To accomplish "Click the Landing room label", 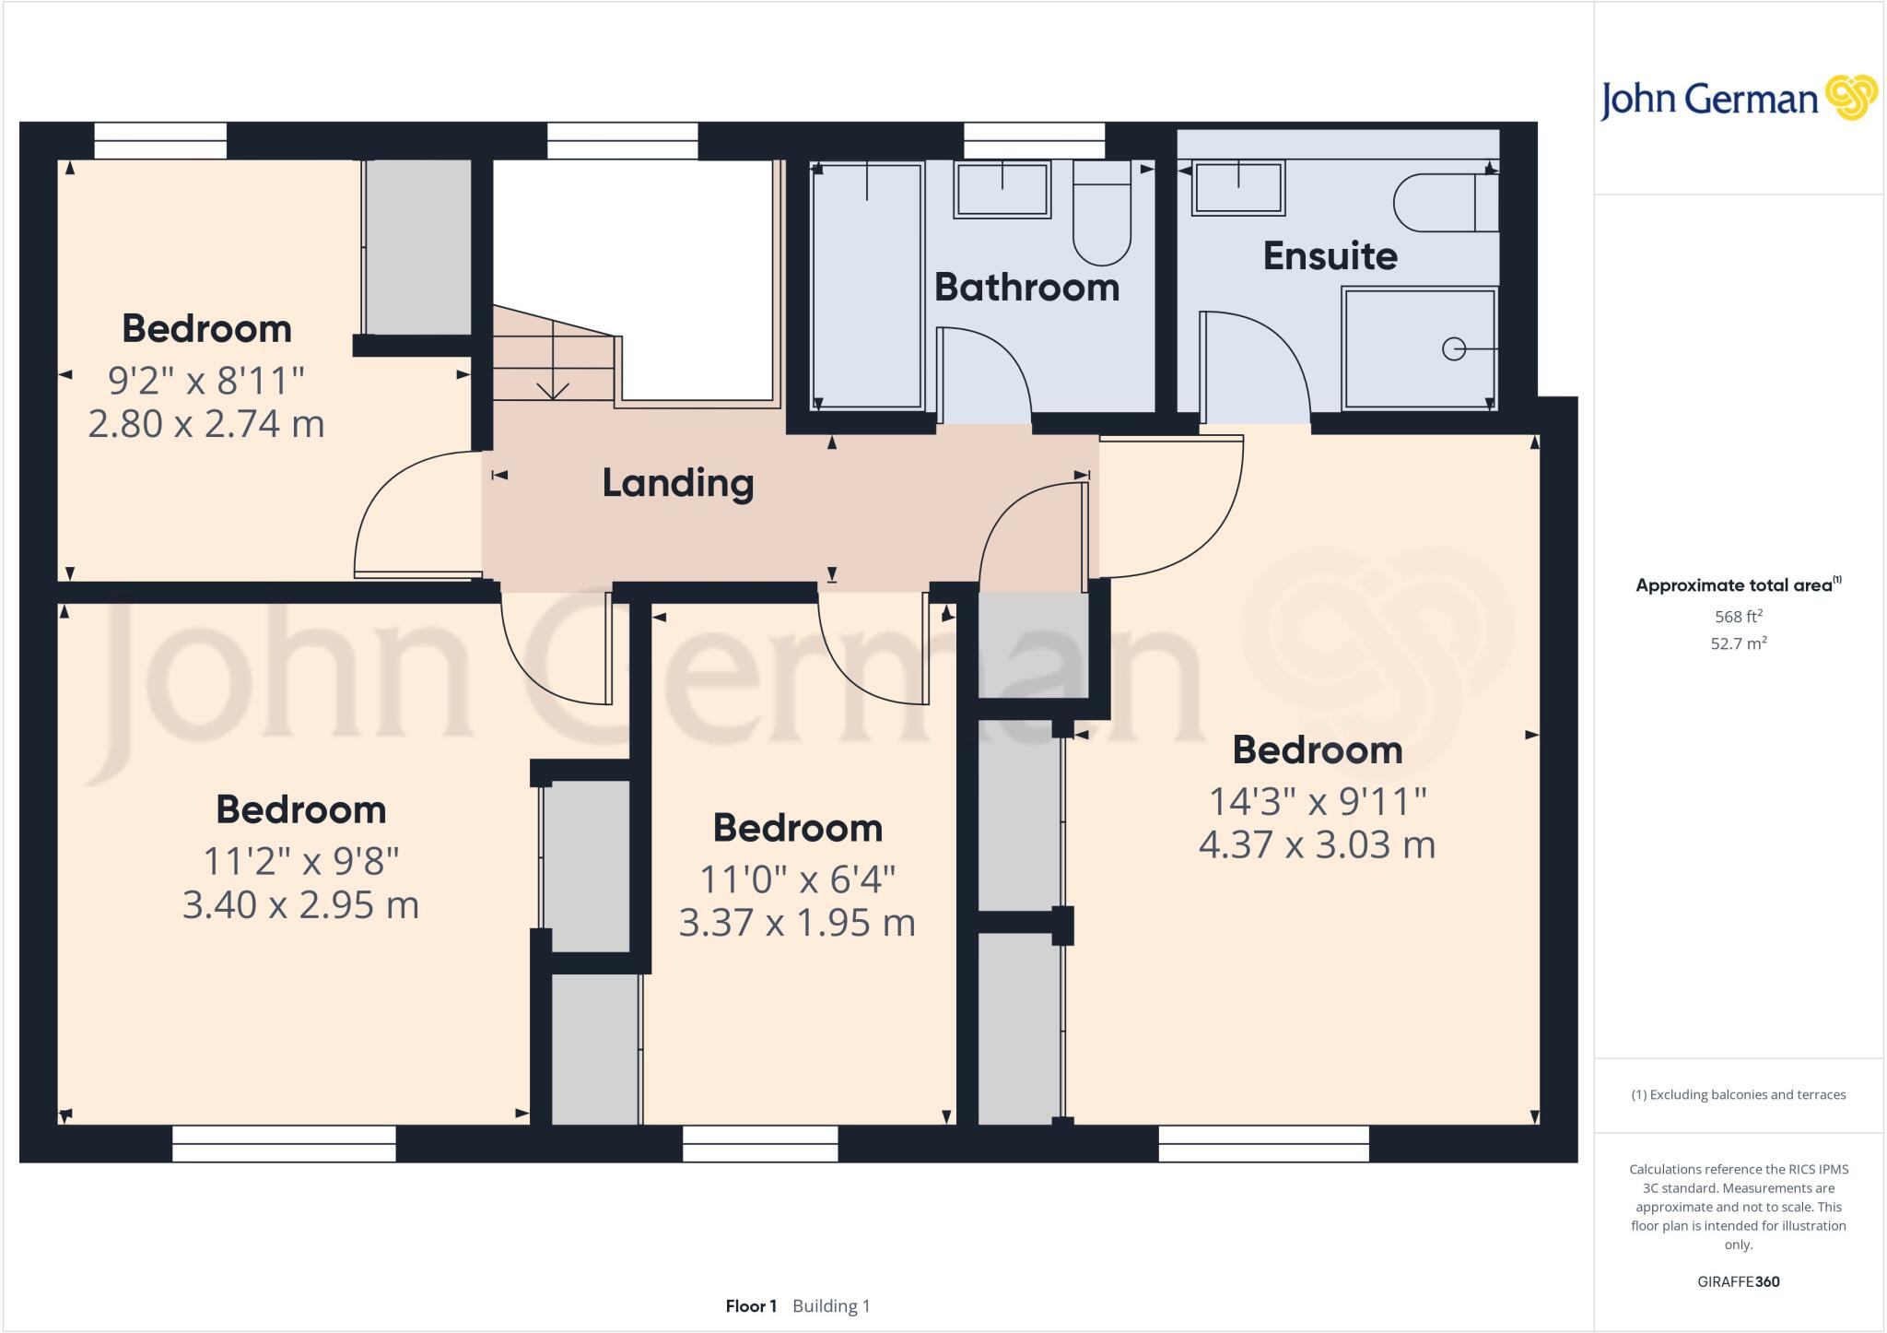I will click(x=678, y=483).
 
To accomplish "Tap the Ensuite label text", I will click(x=1330, y=255).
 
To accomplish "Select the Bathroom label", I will click(x=1026, y=288).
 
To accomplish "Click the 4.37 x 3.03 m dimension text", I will click(x=1317, y=844).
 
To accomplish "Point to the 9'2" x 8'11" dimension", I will click(x=206, y=379).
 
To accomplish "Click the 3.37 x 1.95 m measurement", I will click(x=797, y=923).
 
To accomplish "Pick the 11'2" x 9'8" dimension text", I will click(x=300, y=861).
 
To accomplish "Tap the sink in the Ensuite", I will click(x=1237, y=188).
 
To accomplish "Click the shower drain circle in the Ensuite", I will click(x=1453, y=349).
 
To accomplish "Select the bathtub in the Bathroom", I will click(x=866, y=286).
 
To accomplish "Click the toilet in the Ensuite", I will click(x=1442, y=204).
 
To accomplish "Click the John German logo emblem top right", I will click(x=1850, y=98).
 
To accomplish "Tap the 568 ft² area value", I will click(x=1738, y=616).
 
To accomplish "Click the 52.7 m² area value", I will click(x=1738, y=643).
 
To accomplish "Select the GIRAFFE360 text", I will click(x=1738, y=1281).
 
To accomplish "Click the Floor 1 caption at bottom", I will click(x=751, y=1306).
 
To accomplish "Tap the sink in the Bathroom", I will click(x=1002, y=189).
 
